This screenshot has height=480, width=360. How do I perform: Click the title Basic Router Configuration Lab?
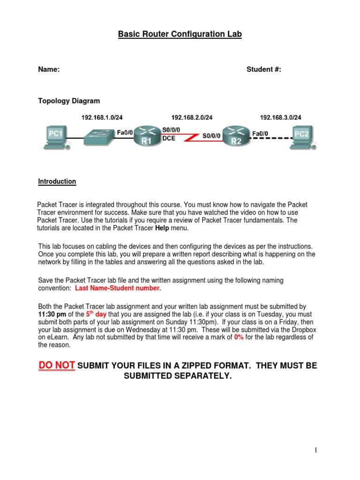coord(180,34)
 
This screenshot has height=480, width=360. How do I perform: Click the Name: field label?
coord(49,69)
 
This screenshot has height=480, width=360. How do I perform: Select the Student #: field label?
coord(264,69)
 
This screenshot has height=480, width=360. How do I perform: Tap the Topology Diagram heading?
coord(69,101)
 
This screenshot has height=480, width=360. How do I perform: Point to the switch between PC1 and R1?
coord(99,136)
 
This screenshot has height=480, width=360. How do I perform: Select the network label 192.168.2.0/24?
coord(192,118)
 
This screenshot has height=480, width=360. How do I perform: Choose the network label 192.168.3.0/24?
coord(280,118)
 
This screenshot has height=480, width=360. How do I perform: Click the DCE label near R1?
coord(169,139)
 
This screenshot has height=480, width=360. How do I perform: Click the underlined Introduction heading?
coord(57,181)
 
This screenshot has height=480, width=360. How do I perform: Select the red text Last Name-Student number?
coord(118,288)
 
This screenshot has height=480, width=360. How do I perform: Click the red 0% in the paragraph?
coord(239,337)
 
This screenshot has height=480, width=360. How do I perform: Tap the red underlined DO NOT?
coord(56,366)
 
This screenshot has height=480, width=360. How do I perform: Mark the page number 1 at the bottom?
coord(316,450)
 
